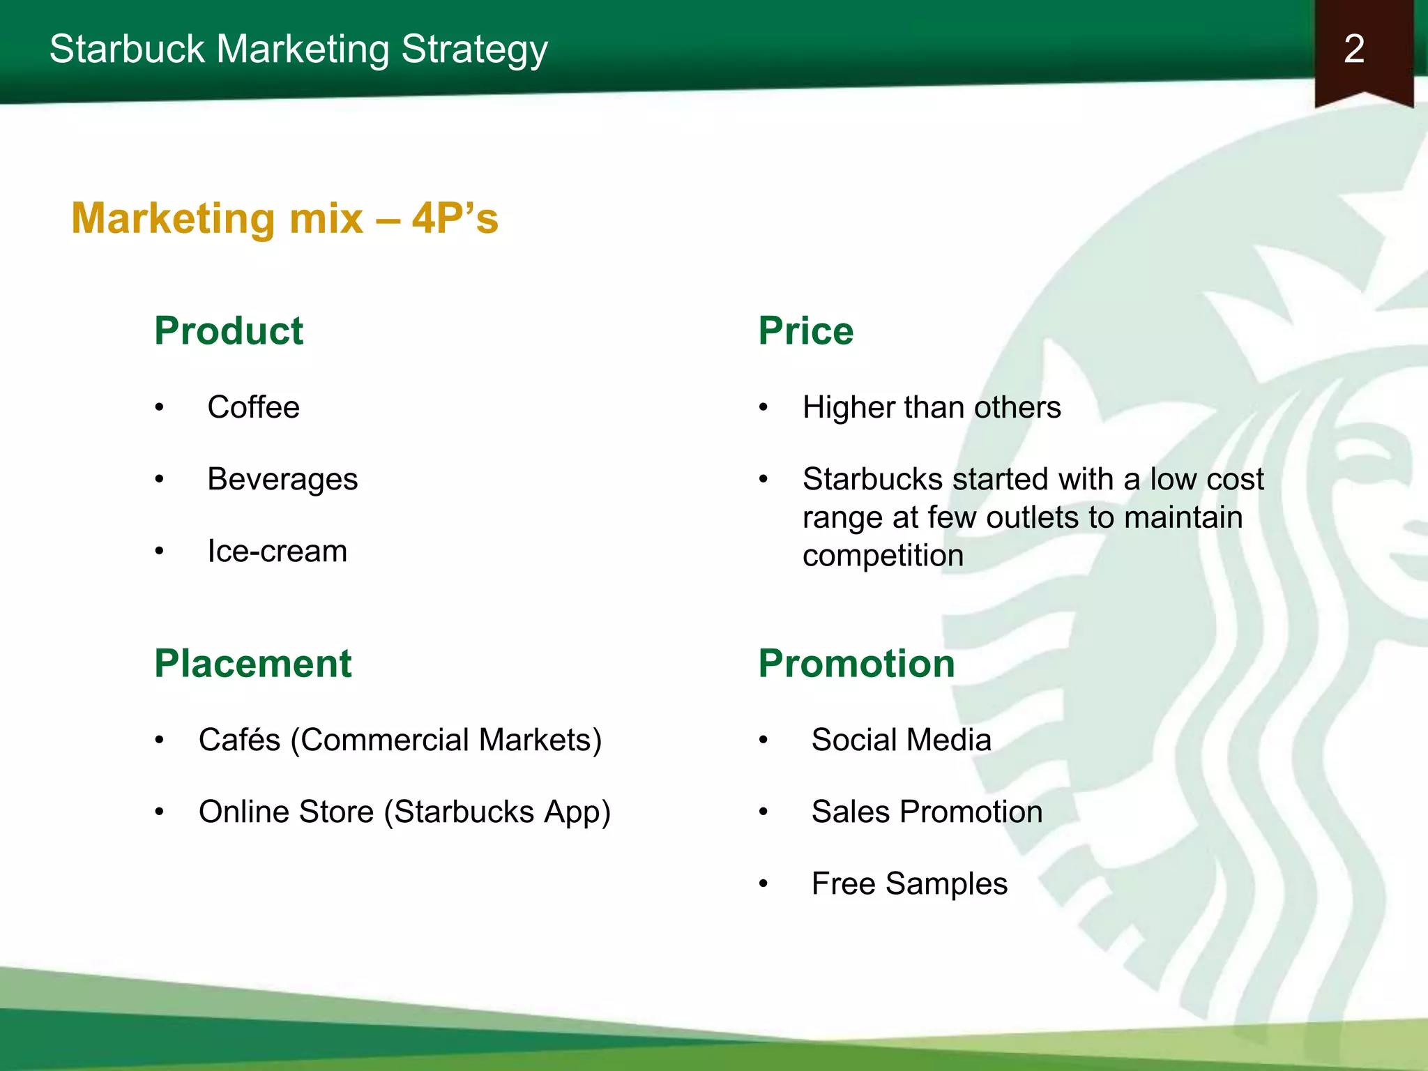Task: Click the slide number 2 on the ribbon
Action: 1353,50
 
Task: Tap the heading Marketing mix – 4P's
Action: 284,218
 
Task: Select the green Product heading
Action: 229,331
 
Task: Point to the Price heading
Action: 805,331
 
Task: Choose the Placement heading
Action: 252,663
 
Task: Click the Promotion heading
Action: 856,663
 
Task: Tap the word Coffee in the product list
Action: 253,407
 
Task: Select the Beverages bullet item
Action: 282,479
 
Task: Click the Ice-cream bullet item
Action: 277,552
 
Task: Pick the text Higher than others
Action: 932,407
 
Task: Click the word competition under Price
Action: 883,556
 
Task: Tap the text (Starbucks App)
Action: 497,812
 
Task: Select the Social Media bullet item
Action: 901,740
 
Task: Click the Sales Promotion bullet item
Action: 927,812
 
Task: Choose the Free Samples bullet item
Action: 909,884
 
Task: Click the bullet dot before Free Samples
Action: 764,884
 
